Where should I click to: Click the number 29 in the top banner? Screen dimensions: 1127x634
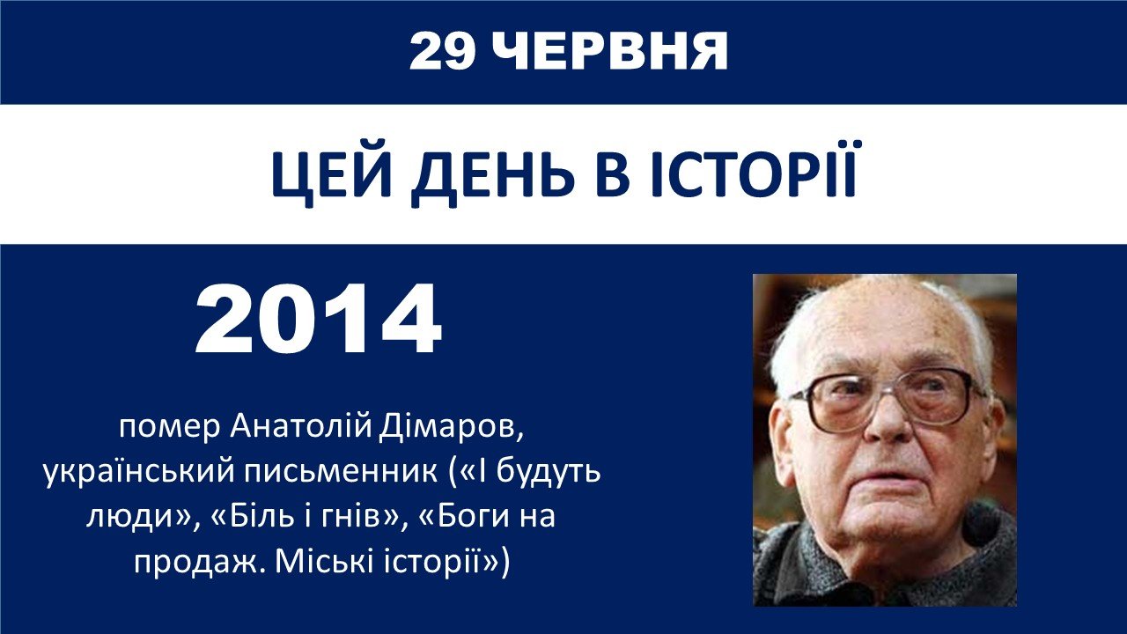tap(443, 51)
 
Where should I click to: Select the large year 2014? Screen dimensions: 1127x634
tap(319, 320)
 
